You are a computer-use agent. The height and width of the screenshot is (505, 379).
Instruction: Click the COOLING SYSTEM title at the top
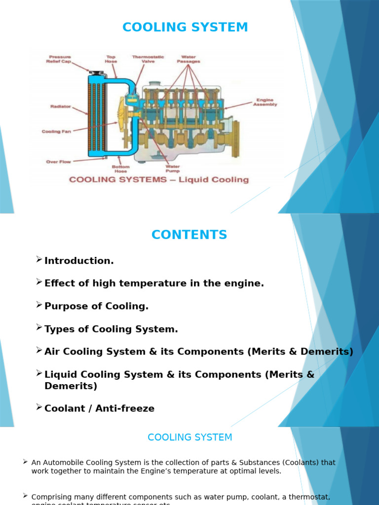(185, 28)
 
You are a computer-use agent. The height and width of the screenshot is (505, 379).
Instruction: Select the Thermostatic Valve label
(148, 59)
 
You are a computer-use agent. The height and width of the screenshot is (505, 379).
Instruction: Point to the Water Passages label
(189, 59)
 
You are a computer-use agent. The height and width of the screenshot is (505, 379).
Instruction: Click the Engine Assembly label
(265, 102)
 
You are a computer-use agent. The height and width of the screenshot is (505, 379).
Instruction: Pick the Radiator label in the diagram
(61, 107)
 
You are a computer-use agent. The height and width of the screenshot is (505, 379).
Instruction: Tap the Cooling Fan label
(56, 132)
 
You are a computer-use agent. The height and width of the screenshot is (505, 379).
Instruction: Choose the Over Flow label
(59, 162)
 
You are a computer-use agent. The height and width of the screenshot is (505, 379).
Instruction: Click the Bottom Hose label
(120, 169)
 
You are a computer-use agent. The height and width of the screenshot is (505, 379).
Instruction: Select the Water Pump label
(172, 169)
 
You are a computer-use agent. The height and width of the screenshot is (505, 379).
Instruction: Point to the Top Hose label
(111, 59)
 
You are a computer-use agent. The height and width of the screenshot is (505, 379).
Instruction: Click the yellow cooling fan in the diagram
(121, 115)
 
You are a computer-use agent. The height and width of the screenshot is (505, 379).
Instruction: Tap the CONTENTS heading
(189, 235)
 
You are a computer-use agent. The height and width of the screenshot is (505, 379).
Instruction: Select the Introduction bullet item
(79, 261)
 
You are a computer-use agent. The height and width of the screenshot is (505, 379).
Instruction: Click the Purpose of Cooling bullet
(96, 306)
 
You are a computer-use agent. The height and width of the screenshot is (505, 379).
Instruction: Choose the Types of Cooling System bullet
(111, 329)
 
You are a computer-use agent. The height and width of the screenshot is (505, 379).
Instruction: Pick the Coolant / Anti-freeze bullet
(99, 408)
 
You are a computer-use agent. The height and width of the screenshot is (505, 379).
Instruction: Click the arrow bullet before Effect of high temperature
(39, 282)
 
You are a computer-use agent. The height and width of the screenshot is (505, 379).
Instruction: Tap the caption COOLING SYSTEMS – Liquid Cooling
(159, 180)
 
